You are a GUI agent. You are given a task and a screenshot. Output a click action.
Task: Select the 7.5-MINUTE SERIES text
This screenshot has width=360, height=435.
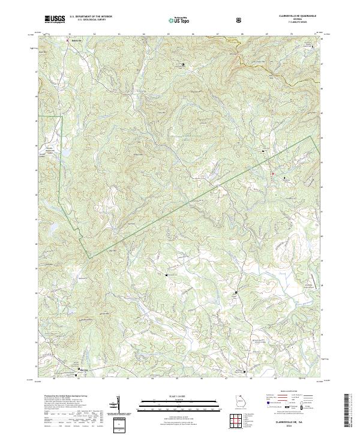click(294, 24)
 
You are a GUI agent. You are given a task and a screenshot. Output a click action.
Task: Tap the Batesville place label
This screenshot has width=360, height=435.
click(75, 41)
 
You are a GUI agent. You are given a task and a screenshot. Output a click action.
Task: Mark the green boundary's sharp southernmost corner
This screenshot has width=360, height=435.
click(90, 259)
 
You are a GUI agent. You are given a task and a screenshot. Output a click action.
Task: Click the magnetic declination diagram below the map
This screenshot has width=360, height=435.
click(119, 407)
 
